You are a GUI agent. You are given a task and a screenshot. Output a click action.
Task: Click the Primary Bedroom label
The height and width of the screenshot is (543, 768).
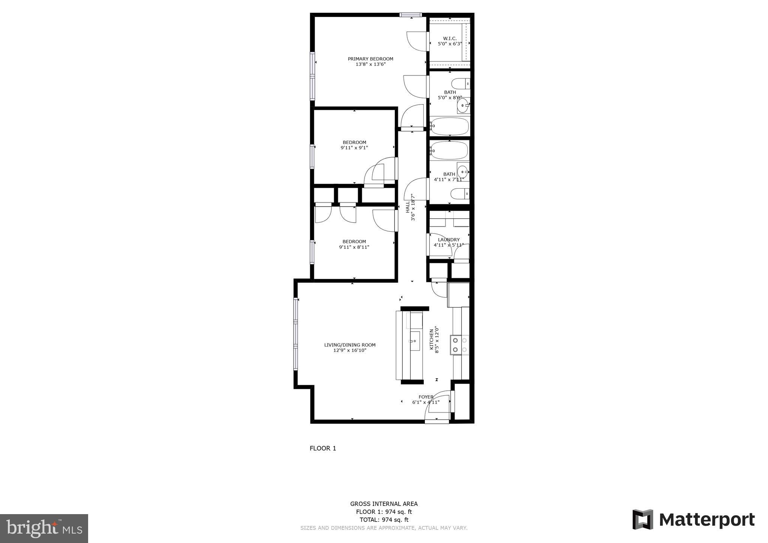pyautogui.click(x=370, y=59)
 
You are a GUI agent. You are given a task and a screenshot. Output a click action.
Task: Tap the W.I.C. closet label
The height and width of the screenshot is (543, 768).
pyautogui.click(x=450, y=39)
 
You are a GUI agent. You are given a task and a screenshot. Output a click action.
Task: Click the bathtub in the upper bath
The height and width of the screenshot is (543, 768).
pyautogui.click(x=449, y=127)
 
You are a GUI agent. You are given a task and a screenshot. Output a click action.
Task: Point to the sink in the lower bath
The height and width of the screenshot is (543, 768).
pyautogui.click(x=463, y=172)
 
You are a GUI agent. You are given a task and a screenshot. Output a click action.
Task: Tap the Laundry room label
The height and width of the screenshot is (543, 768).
pyautogui.click(x=448, y=240)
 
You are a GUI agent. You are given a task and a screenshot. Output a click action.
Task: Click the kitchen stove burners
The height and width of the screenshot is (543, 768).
pyautogui.click(x=460, y=345)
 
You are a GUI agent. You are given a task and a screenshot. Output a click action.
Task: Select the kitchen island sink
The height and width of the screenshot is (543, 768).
pyautogui.click(x=414, y=341)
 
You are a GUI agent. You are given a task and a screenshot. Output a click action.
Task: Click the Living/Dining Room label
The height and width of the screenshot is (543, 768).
pyautogui.click(x=349, y=345)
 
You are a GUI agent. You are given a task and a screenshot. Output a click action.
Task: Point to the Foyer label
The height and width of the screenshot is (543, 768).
pyautogui.click(x=426, y=397)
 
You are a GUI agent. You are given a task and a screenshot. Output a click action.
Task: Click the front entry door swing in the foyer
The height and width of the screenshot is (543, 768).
pyautogui.click(x=437, y=407)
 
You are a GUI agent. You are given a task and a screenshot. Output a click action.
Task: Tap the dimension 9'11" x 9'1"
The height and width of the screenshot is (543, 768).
pyautogui.click(x=354, y=148)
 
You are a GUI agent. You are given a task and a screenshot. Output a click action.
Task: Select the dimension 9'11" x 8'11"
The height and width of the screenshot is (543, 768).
pyautogui.click(x=354, y=247)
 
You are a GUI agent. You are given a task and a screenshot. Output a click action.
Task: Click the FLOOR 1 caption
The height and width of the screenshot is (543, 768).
pyautogui.click(x=322, y=448)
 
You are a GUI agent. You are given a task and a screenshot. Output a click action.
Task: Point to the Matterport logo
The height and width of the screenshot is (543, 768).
pyautogui.click(x=693, y=520)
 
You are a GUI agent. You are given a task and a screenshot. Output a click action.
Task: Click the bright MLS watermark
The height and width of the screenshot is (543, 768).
pyautogui.click(x=44, y=529)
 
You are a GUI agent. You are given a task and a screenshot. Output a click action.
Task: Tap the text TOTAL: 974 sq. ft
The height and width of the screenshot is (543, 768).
pyautogui.click(x=384, y=520)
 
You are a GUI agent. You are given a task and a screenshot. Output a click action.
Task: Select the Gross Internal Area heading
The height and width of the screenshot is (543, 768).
pyautogui.click(x=384, y=504)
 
